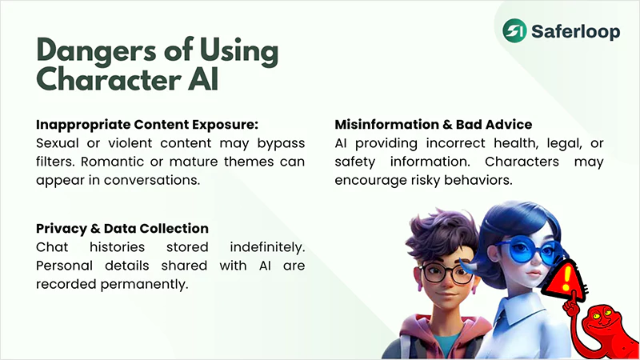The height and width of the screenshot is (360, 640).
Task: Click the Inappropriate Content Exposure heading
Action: pyautogui.click(x=147, y=125)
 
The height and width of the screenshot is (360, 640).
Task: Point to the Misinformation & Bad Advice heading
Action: pyautogui.click(x=433, y=125)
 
